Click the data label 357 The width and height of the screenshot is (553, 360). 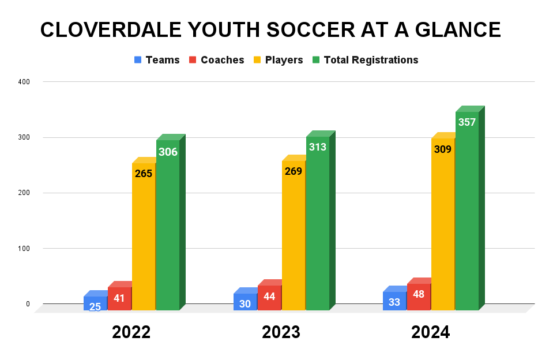coord(467,122)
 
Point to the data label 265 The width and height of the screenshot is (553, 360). coord(143,173)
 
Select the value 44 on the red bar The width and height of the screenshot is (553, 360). coord(269,297)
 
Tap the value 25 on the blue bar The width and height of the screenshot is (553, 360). coord(95,306)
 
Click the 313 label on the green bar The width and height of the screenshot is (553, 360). coord(317,147)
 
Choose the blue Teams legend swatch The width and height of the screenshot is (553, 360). coord(138,60)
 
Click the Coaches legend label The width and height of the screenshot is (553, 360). coord(222,60)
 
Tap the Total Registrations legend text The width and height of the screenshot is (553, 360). coord(371,60)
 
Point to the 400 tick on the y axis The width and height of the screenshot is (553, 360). coord(24,82)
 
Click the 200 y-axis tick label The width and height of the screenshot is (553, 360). coord(24,193)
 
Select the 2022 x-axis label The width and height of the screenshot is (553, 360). coord(131,332)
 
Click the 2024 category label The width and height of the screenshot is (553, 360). coord(430,332)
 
